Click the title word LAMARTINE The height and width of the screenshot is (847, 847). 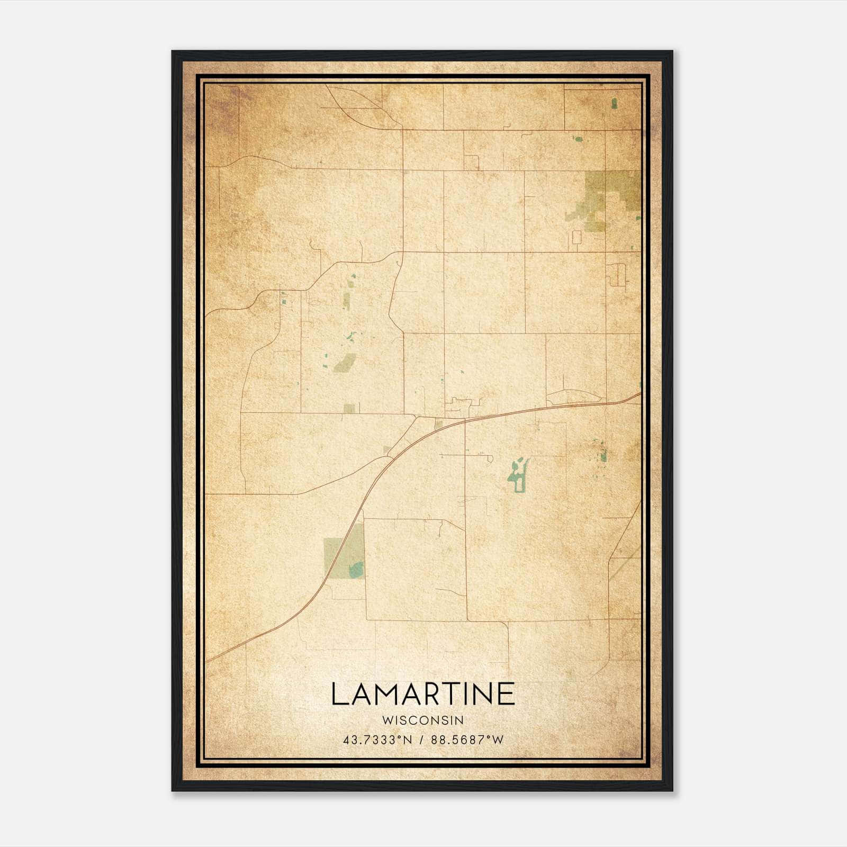(423, 694)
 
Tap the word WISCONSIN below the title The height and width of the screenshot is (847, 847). (423, 720)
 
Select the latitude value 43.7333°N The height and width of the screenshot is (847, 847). (377, 740)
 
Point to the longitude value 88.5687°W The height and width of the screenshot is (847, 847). (467, 740)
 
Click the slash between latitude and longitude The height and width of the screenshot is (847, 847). (422, 740)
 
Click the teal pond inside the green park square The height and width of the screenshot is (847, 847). (356, 570)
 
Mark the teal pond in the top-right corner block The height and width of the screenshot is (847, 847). (614, 103)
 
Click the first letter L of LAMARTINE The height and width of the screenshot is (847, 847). (339, 694)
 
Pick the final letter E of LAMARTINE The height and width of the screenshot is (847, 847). (506, 694)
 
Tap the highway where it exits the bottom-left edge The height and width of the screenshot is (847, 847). (209, 660)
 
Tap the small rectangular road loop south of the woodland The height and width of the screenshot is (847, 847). (576, 237)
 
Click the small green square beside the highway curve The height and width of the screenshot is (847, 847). (438, 424)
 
